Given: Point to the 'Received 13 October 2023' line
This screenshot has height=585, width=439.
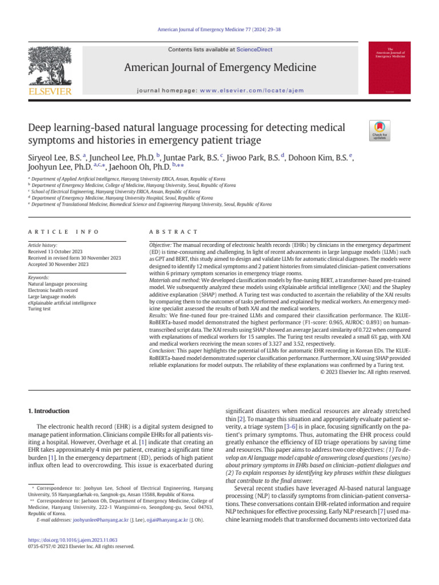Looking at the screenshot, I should click(x=56, y=252).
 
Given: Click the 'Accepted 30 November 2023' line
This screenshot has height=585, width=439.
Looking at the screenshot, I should click(x=58, y=265).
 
